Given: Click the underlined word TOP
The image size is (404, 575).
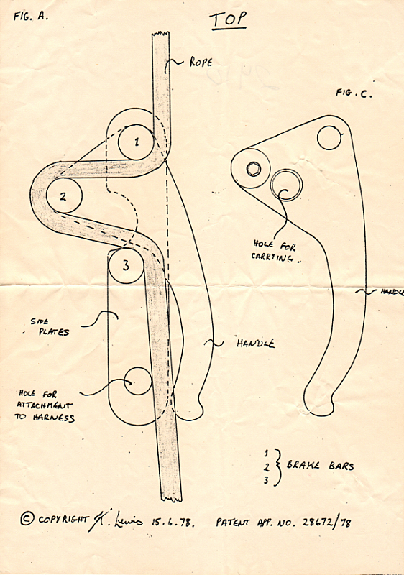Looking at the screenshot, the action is click(x=229, y=19).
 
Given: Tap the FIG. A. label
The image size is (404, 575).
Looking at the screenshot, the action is click(x=31, y=16).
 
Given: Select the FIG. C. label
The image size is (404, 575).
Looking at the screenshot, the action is click(x=354, y=93).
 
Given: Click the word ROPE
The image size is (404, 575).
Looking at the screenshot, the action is click(x=201, y=62).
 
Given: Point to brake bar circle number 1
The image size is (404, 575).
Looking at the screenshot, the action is click(x=136, y=142).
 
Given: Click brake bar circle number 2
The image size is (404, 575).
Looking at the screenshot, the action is click(x=63, y=195).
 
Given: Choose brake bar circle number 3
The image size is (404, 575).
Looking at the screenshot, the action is click(x=126, y=265).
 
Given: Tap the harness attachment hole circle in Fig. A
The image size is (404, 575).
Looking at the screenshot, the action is click(x=138, y=381).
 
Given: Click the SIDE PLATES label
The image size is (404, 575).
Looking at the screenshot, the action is click(x=50, y=327).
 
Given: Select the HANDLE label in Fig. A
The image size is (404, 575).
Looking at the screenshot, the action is click(x=255, y=344).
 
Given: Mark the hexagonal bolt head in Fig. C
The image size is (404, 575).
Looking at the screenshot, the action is click(x=253, y=169).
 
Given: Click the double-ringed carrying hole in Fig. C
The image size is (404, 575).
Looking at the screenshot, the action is click(x=286, y=185).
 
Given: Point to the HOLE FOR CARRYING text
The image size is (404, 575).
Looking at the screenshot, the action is click(x=275, y=251).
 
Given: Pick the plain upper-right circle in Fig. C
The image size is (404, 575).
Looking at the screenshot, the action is click(x=329, y=138).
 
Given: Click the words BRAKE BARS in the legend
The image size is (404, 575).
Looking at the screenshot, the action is click(x=320, y=466).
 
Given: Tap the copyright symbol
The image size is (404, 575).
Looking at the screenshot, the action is click(x=27, y=518).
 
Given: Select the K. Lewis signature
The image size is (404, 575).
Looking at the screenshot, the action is click(x=115, y=520).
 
